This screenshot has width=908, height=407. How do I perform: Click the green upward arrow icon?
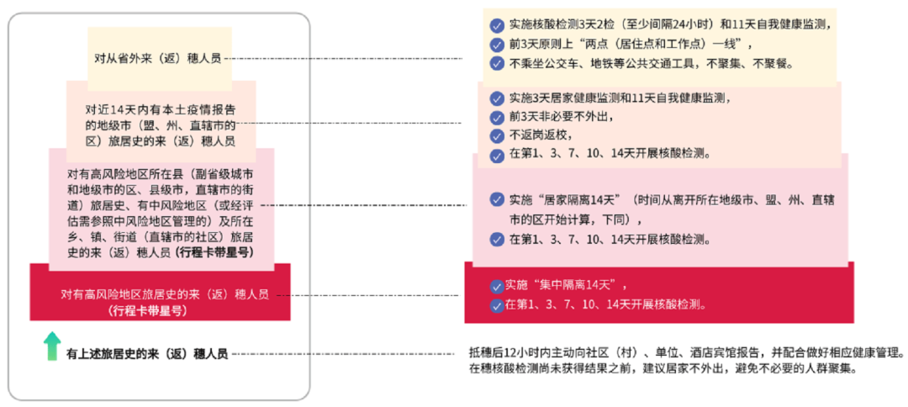(53, 346)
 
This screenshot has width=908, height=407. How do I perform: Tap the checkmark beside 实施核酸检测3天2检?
(497, 25)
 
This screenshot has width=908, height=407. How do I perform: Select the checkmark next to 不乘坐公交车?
(497, 64)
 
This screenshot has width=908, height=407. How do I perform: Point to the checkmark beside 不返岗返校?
(497, 135)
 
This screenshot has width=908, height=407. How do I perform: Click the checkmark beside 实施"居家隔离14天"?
(497, 200)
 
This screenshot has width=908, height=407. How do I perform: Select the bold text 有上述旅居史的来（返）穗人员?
(147, 354)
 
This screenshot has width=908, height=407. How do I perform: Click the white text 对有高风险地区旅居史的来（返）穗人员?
(164, 294)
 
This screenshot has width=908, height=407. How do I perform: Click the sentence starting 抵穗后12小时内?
(685, 352)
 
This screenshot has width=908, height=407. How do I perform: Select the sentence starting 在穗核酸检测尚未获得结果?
(665, 369)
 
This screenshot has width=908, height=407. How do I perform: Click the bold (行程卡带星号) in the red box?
(148, 310)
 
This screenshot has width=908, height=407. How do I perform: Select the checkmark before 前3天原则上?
(497, 45)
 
